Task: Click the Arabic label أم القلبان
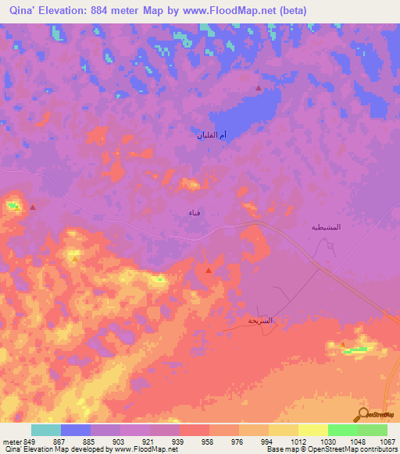pyautogui.click(x=212, y=136)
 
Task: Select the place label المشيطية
pyautogui.click(x=320, y=227)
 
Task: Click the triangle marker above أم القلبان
pyautogui.click(x=259, y=88)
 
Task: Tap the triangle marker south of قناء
pyautogui.click(x=209, y=270)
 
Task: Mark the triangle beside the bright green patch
pyautogui.click(x=342, y=344)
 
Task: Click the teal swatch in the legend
pyautogui.click(x=46, y=430)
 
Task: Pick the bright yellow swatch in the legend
pyautogui.click(x=312, y=430)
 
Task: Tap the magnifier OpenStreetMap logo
pyautogui.click(x=363, y=413)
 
